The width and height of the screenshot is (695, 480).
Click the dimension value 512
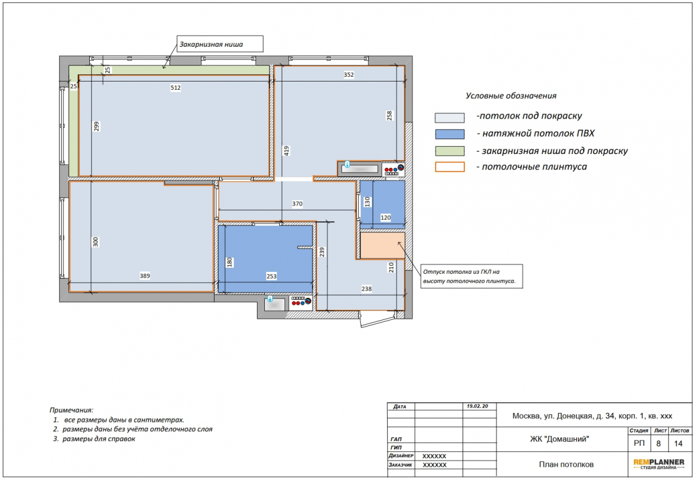point(176,87)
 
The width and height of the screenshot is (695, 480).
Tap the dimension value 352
point(349,74)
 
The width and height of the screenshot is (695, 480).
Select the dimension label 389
point(145,276)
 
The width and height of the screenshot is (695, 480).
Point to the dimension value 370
point(297,204)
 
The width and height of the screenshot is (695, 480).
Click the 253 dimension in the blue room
point(271,276)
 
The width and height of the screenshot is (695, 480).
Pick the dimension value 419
point(287,150)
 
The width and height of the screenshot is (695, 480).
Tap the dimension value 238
point(367,288)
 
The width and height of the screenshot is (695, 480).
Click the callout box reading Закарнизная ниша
point(220,44)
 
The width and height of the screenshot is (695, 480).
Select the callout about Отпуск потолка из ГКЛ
point(471,277)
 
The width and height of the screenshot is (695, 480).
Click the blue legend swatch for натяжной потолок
point(449,134)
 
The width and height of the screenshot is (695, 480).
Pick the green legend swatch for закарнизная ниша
point(449,151)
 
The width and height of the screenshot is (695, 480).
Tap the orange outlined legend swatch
point(449,167)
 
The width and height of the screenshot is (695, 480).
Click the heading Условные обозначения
point(510,96)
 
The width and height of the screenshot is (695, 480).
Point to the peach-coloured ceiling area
point(382,246)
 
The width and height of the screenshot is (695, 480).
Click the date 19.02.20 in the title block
point(478,406)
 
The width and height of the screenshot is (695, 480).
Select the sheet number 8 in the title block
point(658,443)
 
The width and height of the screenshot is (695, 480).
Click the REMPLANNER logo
point(658,464)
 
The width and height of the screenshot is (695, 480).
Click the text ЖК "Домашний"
point(560,439)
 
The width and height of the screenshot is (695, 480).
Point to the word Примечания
point(71,410)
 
